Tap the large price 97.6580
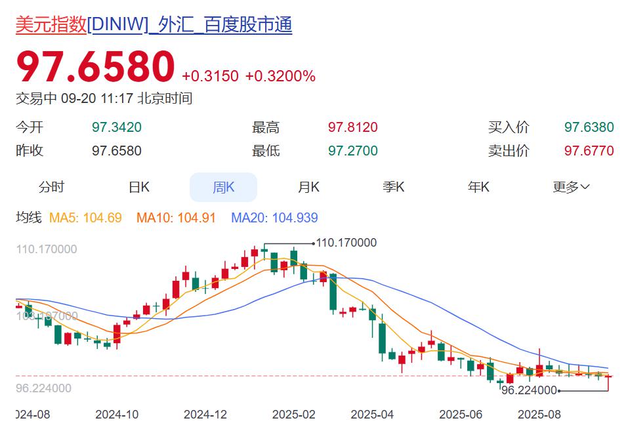coord(95,67)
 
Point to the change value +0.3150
coord(210,76)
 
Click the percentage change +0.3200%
coord(280,76)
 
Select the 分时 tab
coord(51,187)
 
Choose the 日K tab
coord(139,187)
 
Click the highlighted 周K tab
coord(223,187)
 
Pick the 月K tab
coord(308,187)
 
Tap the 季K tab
coord(394,187)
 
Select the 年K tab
coord(478,187)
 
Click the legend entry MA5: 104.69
coord(85,218)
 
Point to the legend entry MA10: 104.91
coord(176,218)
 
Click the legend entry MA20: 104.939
coord(274,218)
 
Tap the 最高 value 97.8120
coord(353,127)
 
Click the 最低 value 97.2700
coord(353,151)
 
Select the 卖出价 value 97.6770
coord(589,151)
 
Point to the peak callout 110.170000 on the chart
coord(346,243)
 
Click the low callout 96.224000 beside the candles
coord(529,390)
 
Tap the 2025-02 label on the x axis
coord(293,415)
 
